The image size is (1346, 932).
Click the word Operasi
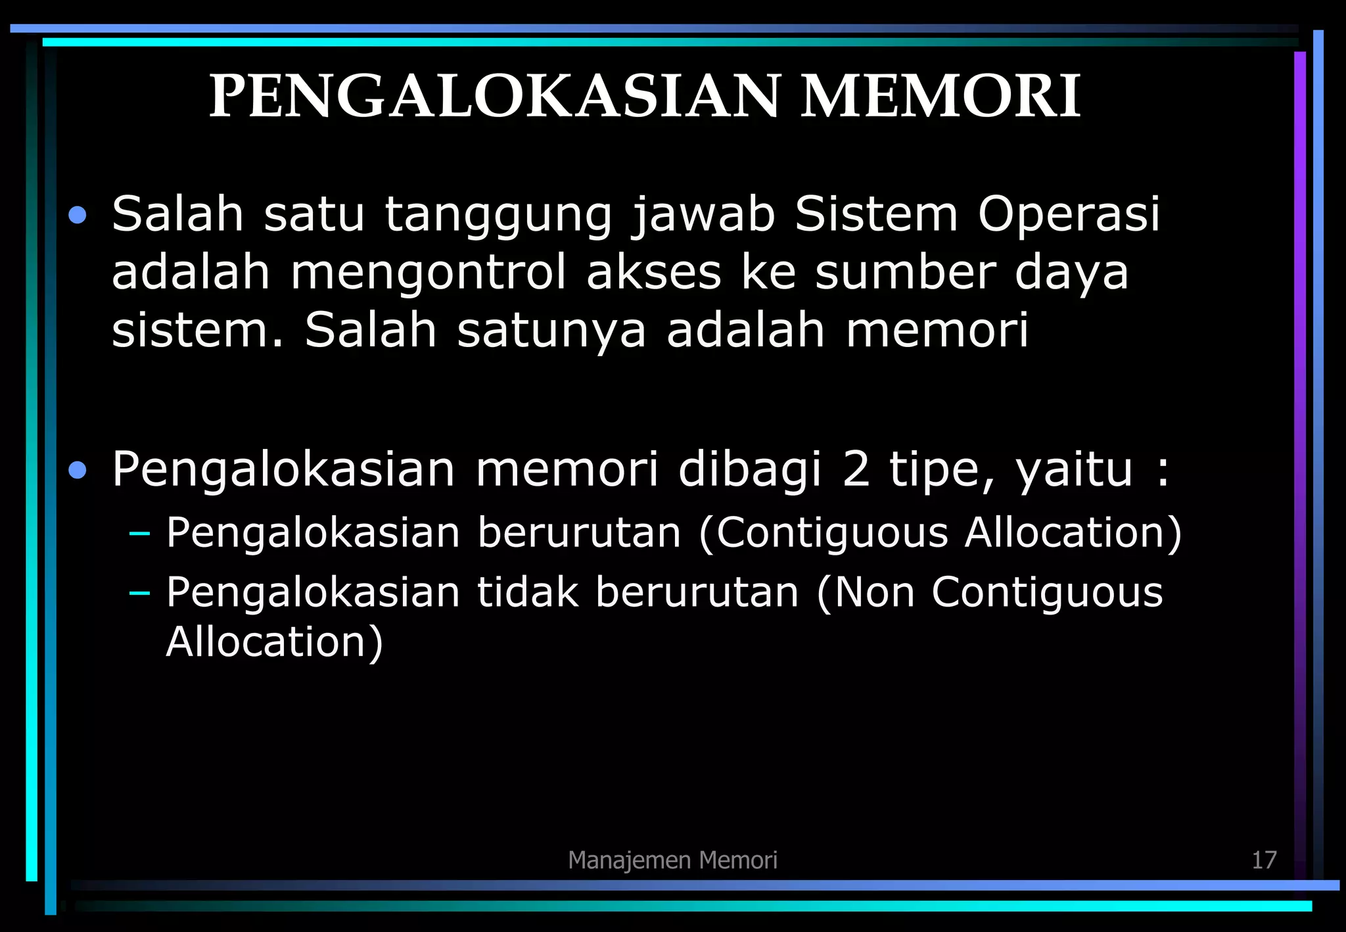(1069, 216)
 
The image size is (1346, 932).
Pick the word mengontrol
(428, 272)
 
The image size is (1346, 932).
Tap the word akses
(653, 272)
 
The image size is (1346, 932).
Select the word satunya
(551, 330)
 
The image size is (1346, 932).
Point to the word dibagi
(749, 471)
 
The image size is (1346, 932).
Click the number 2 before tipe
(856, 469)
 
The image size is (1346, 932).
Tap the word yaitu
(1074, 471)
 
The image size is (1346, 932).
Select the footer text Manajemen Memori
(672, 860)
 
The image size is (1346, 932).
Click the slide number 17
(1263, 860)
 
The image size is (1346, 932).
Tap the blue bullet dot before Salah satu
(78, 216)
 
